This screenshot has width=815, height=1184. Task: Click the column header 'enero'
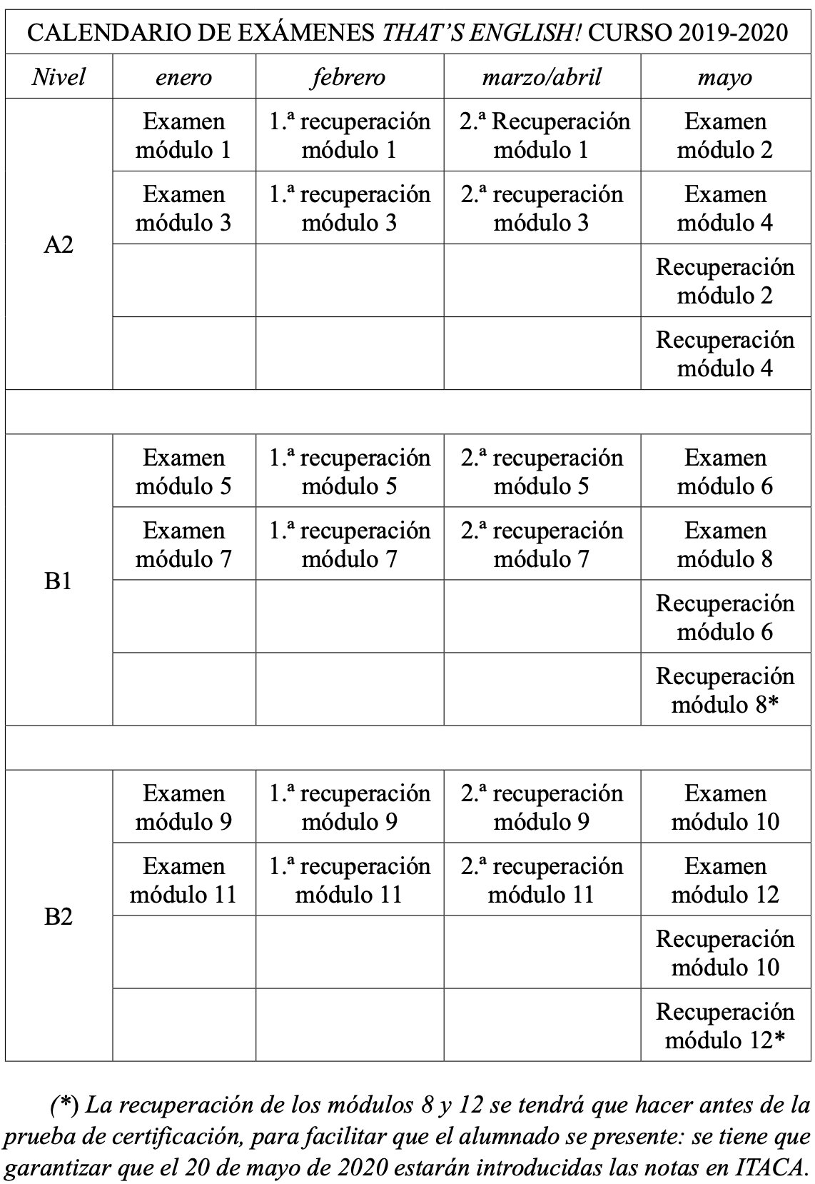183,77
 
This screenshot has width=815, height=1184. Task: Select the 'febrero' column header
348,77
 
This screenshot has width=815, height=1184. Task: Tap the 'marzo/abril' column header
542,77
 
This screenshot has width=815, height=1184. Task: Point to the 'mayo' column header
725,77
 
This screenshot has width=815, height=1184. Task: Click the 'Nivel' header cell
59,77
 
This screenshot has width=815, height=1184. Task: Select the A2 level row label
59,245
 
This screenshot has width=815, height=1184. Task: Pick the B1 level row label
59,581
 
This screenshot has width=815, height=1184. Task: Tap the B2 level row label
59,916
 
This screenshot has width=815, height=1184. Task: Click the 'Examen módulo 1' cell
183,136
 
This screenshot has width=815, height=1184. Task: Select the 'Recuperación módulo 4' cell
725,354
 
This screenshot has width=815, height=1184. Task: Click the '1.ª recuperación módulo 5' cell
349,472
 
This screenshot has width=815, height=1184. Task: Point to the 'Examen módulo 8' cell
725,545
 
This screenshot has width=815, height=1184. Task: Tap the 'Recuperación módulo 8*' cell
725,691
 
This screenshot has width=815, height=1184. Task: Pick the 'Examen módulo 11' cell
183,881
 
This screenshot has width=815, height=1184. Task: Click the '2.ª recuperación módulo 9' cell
542,808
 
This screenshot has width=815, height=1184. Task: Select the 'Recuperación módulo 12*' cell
725,1026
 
